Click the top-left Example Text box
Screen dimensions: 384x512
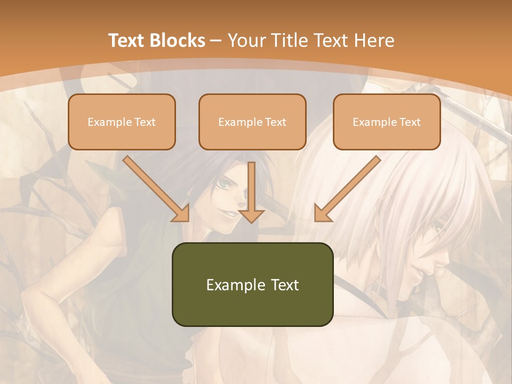click(x=122, y=122)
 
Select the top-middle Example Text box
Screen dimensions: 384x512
click(x=252, y=122)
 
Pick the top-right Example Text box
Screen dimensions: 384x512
click(x=387, y=122)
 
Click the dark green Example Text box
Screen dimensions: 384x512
click(x=252, y=285)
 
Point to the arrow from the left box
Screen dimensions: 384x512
click(x=155, y=188)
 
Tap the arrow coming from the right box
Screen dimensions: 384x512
click(x=349, y=188)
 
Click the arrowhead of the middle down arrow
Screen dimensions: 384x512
click(x=252, y=215)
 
